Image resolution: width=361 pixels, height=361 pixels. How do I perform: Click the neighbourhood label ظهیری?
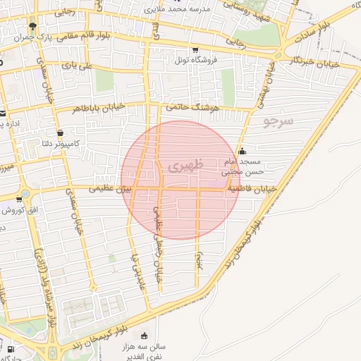click(185, 165)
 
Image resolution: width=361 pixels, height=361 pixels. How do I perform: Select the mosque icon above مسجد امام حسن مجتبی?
click(243, 150)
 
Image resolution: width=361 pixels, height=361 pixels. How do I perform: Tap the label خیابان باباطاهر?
click(98, 108)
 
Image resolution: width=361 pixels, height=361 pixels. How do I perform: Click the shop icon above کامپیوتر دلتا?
click(60, 133)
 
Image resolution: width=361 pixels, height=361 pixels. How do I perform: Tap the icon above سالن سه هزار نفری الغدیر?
click(145, 335)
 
